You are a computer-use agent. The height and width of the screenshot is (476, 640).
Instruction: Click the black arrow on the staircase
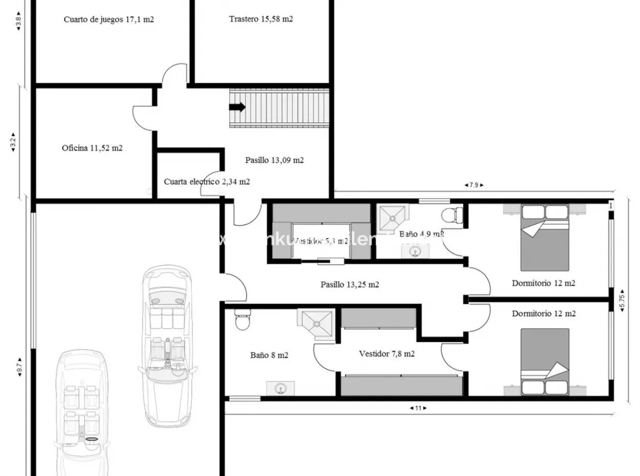pos(237,107)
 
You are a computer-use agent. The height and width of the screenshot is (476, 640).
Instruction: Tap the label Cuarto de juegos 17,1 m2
pos(109,19)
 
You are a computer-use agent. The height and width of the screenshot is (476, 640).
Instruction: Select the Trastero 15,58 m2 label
pos(261,19)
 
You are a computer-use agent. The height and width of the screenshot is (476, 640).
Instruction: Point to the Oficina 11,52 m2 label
pos(92,148)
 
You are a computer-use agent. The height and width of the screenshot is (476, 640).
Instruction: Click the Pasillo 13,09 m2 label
pos(274,160)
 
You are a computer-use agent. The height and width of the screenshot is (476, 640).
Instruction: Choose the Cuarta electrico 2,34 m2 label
pos(207,182)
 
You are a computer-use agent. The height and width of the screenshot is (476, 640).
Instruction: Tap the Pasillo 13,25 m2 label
pos(350,285)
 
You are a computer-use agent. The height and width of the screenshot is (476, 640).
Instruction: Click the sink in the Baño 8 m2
pos(280,388)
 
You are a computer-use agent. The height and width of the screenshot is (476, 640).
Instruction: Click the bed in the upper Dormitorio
pos(545,237)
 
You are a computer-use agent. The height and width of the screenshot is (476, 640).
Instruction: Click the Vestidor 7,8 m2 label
pos(387,354)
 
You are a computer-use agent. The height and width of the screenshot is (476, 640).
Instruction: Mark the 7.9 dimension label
pos(474,185)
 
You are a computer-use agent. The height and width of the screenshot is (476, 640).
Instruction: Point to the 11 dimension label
pos(418,408)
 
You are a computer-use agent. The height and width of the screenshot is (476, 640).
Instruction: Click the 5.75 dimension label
pos(622,300)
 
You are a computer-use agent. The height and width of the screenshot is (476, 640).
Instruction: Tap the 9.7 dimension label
pos(19,367)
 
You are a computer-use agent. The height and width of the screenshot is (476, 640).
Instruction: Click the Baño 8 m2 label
pos(269,355)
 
